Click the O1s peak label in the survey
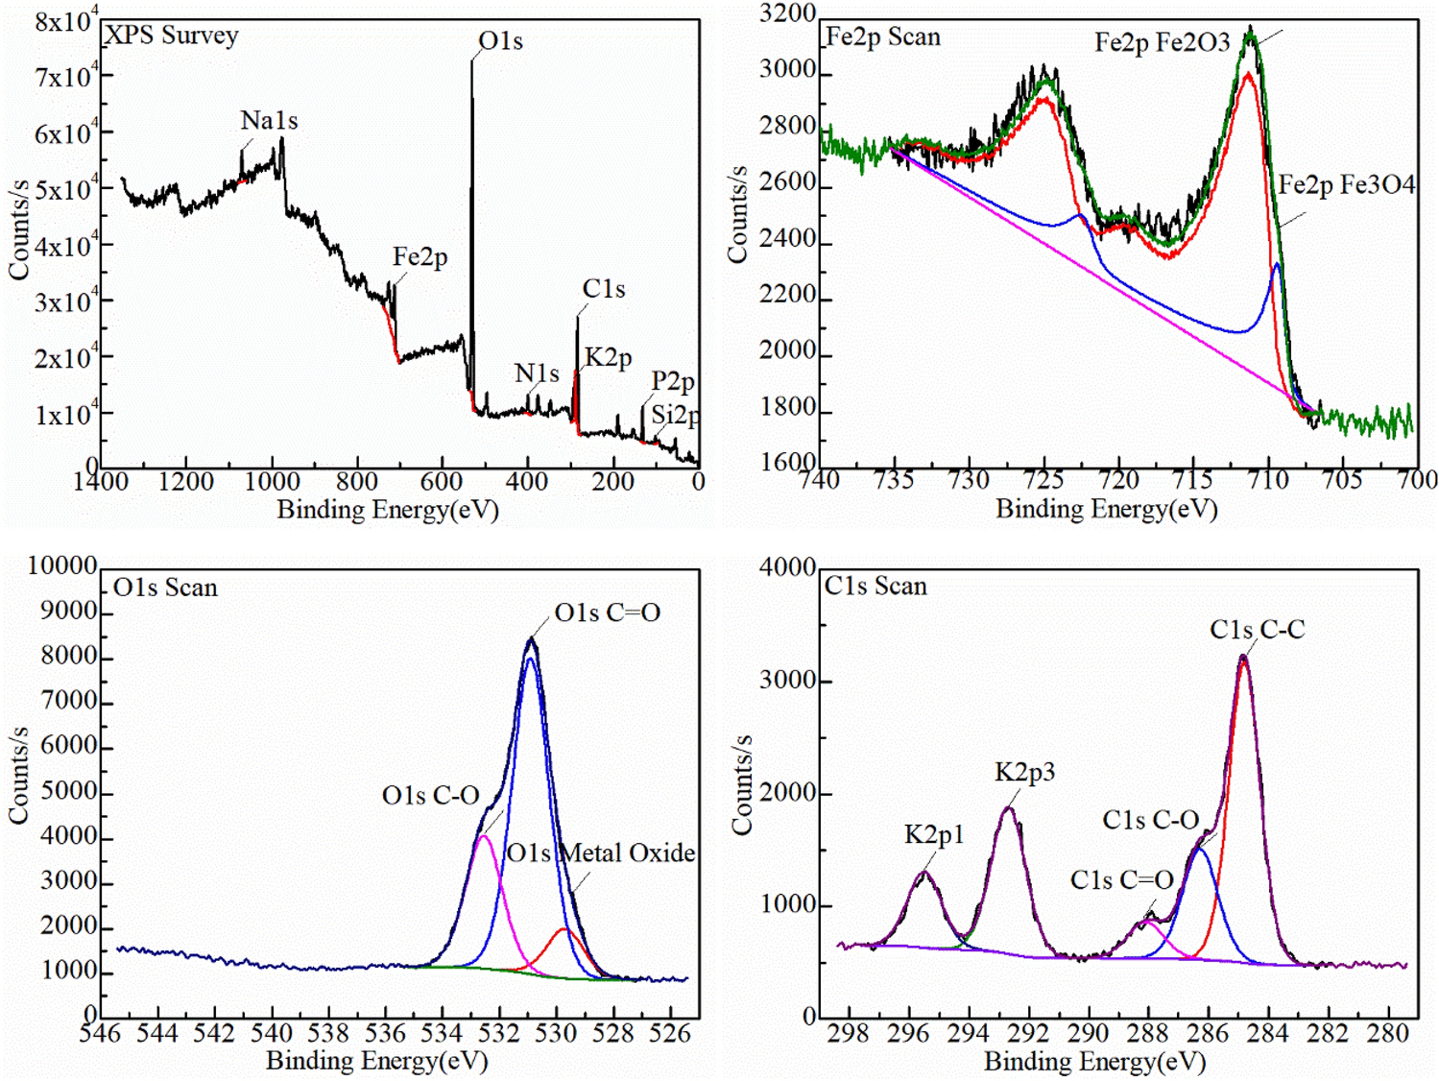(500, 41)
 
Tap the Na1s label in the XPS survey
(269, 121)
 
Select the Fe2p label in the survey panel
(420, 257)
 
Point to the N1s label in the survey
(537, 373)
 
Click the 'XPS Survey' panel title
(172, 36)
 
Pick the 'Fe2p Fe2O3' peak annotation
(1162, 42)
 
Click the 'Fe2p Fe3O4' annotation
(1346, 184)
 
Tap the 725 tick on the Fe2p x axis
(1043, 479)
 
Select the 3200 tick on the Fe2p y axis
(787, 14)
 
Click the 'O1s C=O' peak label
(607, 613)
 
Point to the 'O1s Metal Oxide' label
(601, 853)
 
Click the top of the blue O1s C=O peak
(530, 659)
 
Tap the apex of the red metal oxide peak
(564, 929)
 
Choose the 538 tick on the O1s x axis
(328, 1034)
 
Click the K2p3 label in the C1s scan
(1024, 772)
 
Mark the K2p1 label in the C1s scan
(933, 835)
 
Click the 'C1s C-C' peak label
(1257, 630)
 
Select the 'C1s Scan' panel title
(875, 587)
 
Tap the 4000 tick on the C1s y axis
(787, 567)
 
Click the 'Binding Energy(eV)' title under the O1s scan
(376, 1061)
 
